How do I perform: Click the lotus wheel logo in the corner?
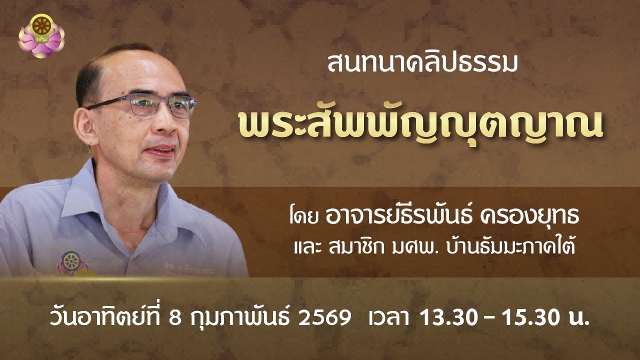tap(41, 35)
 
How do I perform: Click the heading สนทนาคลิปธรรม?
tap(421, 64)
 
